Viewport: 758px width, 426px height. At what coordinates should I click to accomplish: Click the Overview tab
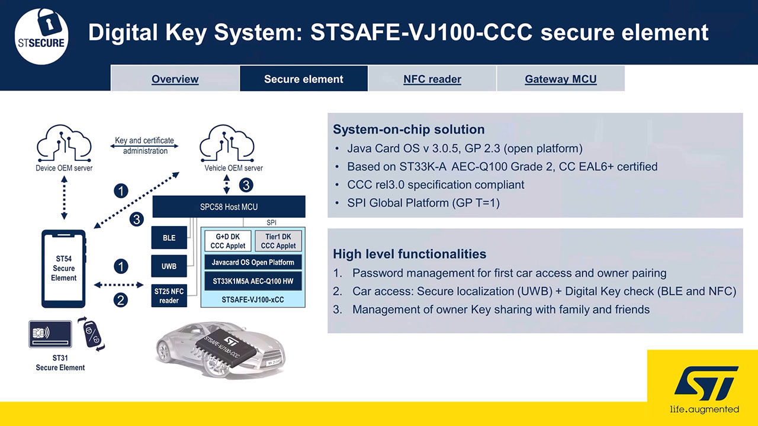175,79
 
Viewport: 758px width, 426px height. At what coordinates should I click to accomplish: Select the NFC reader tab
432,79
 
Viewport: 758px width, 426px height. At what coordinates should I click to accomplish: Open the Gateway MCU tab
561,79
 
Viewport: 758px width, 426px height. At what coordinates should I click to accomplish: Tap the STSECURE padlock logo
41,37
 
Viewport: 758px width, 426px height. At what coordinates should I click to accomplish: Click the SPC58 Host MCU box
229,206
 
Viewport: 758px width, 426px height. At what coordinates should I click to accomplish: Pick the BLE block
169,238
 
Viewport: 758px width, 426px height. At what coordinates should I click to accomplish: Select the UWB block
169,266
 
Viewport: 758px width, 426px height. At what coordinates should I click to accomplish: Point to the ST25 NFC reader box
169,295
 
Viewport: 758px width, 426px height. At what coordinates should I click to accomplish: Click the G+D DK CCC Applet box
228,241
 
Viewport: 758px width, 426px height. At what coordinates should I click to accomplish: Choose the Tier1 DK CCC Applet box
278,241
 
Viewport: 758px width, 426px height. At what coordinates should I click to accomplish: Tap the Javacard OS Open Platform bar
253,262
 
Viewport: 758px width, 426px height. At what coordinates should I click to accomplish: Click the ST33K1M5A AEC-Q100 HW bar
253,281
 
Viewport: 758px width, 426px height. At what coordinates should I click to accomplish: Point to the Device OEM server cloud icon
64,143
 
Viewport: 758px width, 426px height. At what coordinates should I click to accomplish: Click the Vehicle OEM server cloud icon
227,143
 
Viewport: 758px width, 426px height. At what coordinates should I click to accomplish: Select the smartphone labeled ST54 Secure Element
63,269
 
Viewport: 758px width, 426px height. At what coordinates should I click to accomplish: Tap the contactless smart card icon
50,334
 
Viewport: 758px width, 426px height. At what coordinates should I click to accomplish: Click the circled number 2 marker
120,300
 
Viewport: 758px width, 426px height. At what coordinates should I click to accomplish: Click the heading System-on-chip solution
409,129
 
